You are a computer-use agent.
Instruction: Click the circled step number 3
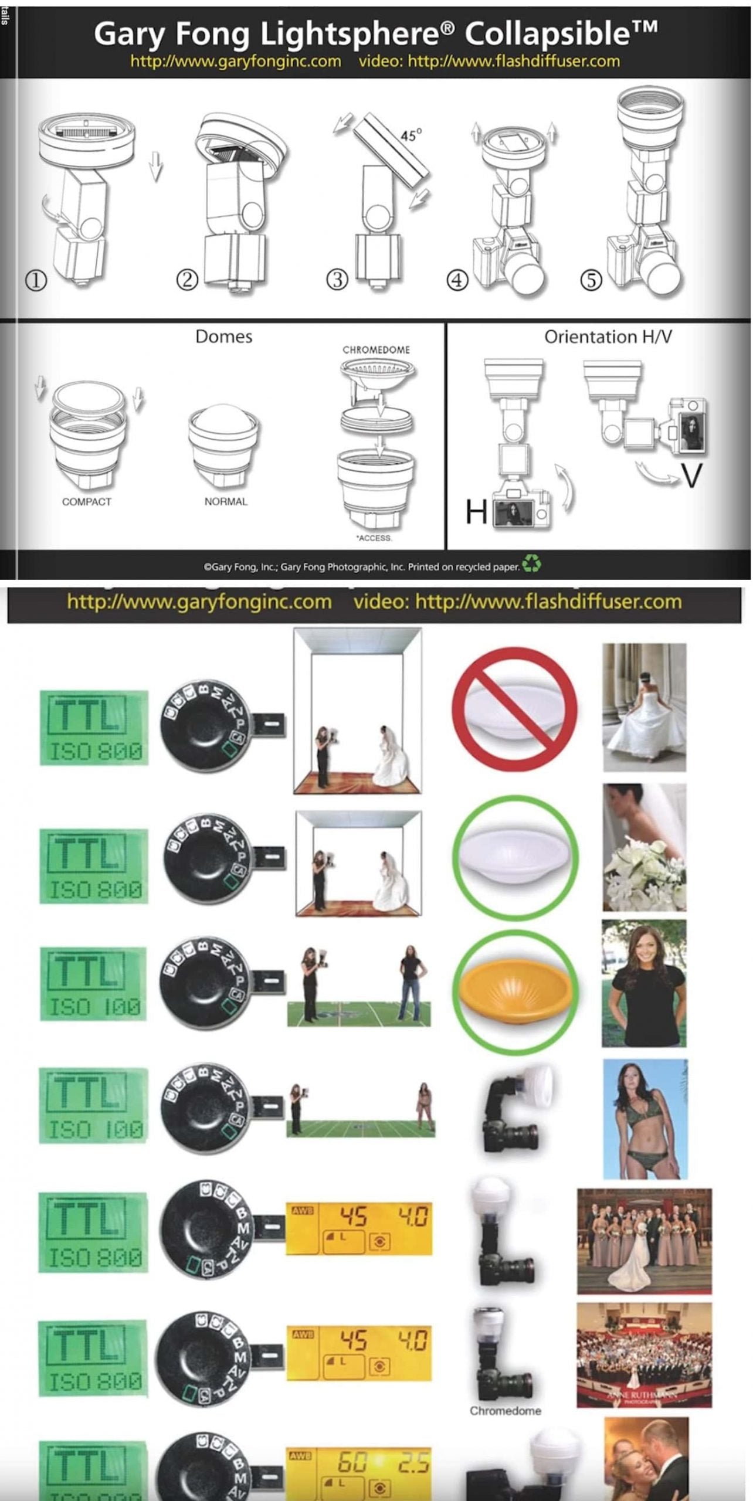337,280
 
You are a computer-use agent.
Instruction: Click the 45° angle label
411,135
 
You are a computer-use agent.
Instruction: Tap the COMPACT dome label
86,502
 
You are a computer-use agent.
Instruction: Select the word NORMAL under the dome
226,501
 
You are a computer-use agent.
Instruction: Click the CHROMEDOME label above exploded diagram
376,350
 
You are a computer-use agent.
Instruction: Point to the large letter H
476,512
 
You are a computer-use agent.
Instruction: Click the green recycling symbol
532,565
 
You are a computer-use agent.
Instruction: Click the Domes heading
223,337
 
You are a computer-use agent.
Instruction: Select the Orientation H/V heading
608,337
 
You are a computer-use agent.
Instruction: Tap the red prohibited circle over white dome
514,708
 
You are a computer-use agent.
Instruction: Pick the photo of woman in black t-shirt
644,983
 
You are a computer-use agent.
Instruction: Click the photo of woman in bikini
645,1119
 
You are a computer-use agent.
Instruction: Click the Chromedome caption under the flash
505,1411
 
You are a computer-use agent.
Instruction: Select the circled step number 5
591,280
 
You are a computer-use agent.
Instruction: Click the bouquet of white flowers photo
644,847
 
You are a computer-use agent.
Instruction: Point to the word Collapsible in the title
561,34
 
